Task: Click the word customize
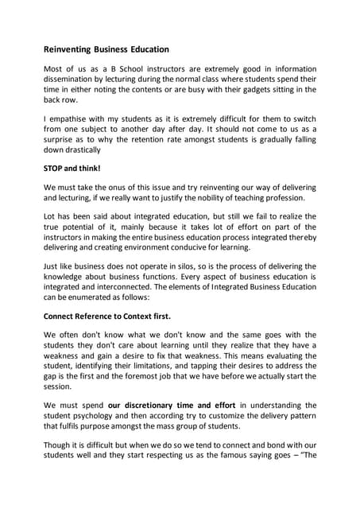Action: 219,416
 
